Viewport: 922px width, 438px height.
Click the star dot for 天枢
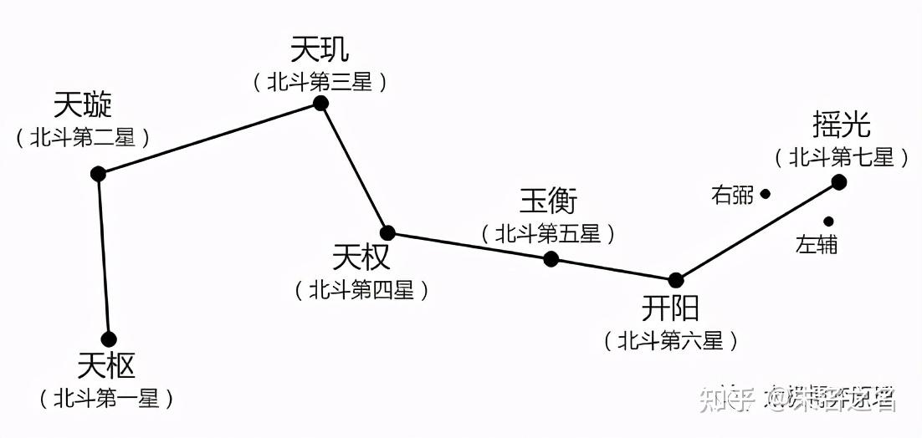(109, 339)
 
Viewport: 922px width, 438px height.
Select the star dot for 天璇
(98, 174)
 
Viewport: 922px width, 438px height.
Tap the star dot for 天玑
(320, 103)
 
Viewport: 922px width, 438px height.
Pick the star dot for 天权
(387, 232)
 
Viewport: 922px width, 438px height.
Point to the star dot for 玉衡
(551, 259)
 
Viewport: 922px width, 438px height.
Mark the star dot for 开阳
(675, 280)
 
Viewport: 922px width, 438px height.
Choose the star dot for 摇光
(839, 182)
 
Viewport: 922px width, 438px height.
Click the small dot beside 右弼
(765, 194)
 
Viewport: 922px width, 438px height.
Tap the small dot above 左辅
(828, 222)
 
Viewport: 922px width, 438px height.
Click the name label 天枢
(106, 366)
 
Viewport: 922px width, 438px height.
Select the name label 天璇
(83, 105)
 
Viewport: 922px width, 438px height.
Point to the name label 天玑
(320, 49)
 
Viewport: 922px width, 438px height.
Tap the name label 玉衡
(549, 201)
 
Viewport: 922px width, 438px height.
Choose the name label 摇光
(842, 125)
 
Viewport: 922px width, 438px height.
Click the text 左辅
(817, 245)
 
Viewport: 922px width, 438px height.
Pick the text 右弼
(732, 196)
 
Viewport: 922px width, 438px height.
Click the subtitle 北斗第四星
(361, 290)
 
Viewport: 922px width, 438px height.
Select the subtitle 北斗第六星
(671, 340)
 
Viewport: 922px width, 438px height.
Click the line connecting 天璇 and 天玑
(209, 138)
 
